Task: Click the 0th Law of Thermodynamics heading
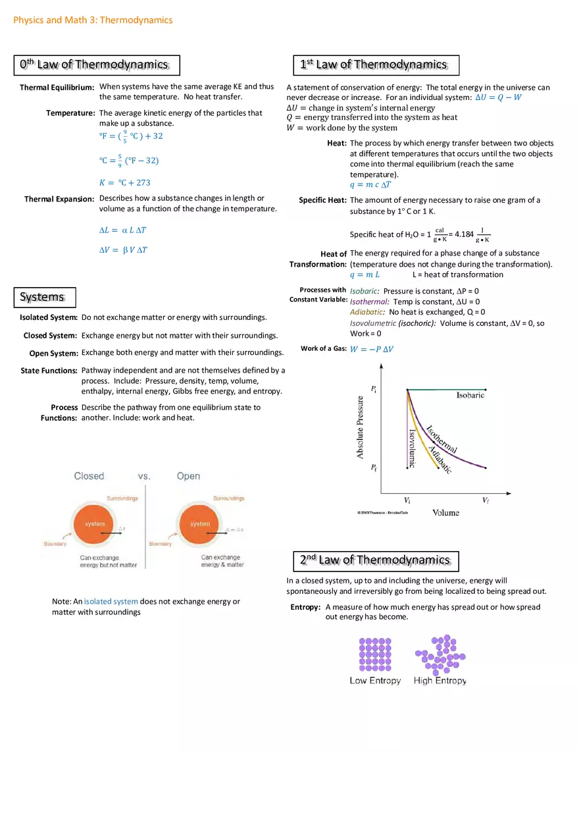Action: tap(97, 65)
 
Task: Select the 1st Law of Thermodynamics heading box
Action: tap(375, 65)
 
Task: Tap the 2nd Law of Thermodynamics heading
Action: tap(375, 560)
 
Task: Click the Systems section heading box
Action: tap(44, 297)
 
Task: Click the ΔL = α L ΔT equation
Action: tap(122, 230)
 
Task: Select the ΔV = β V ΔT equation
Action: tap(123, 250)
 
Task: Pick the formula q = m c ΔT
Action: tap(370, 184)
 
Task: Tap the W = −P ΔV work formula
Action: tap(372, 349)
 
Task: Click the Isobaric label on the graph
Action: tap(470, 395)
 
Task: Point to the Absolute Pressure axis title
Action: tap(361, 427)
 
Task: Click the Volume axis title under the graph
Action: tap(445, 512)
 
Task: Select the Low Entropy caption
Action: tap(375, 681)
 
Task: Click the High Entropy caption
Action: tap(440, 681)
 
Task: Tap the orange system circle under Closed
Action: tap(95, 524)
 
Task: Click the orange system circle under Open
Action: tap(200, 524)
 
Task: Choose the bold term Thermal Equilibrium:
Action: tap(57, 88)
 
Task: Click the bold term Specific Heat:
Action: tap(322, 200)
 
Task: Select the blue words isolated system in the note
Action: tap(111, 601)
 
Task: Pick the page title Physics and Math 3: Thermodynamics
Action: tap(93, 20)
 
